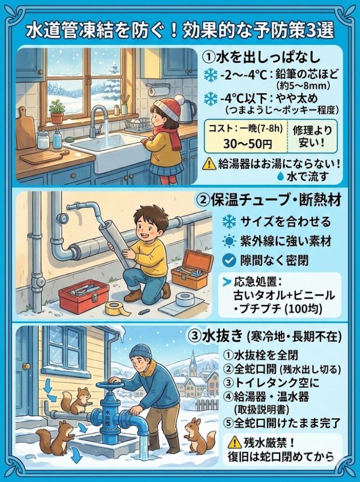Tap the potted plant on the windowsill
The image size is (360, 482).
57,112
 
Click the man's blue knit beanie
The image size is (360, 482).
140,351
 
